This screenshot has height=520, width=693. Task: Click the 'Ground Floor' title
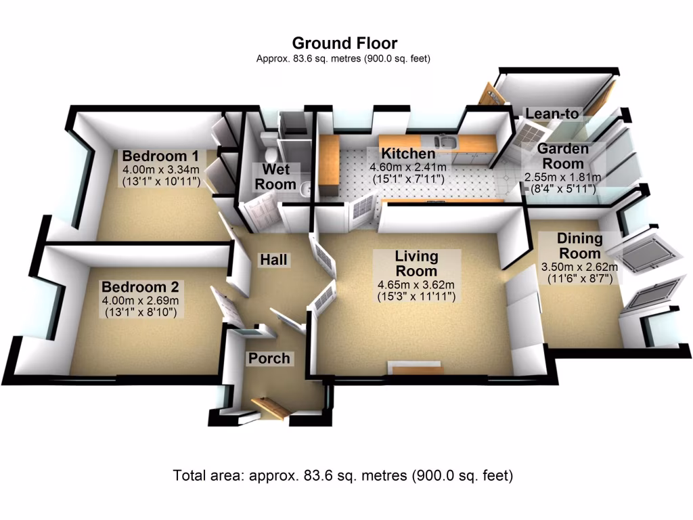click(x=344, y=44)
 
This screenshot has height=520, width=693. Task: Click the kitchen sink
click(x=445, y=142)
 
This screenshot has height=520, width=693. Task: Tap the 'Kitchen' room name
click(x=407, y=153)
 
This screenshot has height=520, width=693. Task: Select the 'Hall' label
click(x=274, y=260)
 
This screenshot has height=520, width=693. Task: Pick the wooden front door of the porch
click(x=271, y=408)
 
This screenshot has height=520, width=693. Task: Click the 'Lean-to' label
click(x=553, y=114)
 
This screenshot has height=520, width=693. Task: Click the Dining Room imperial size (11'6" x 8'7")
click(x=579, y=279)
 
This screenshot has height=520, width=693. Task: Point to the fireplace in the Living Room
click(x=414, y=368)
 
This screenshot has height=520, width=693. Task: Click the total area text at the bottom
click(x=343, y=475)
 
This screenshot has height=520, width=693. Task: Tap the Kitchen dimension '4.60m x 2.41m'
click(x=407, y=167)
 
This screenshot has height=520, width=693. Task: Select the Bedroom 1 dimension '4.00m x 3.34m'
click(x=160, y=169)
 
